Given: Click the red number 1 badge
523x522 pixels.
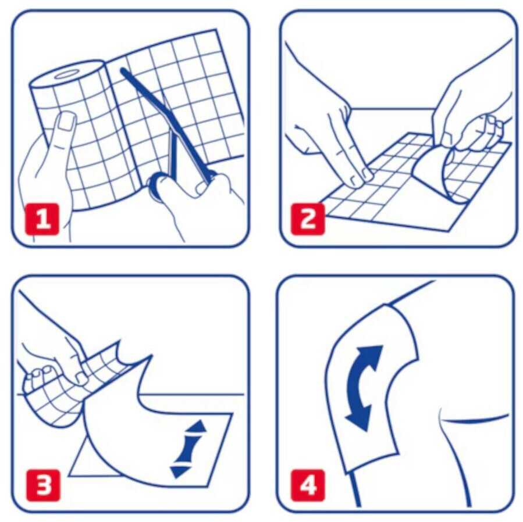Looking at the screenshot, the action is tap(42, 219).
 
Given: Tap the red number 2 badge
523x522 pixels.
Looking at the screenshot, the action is tap(308, 219).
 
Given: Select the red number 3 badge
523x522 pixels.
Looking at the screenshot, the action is tap(44, 485).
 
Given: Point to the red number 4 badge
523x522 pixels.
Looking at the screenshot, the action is tap(308, 485).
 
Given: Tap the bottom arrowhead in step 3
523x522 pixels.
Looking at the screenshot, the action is tap(179, 471).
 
